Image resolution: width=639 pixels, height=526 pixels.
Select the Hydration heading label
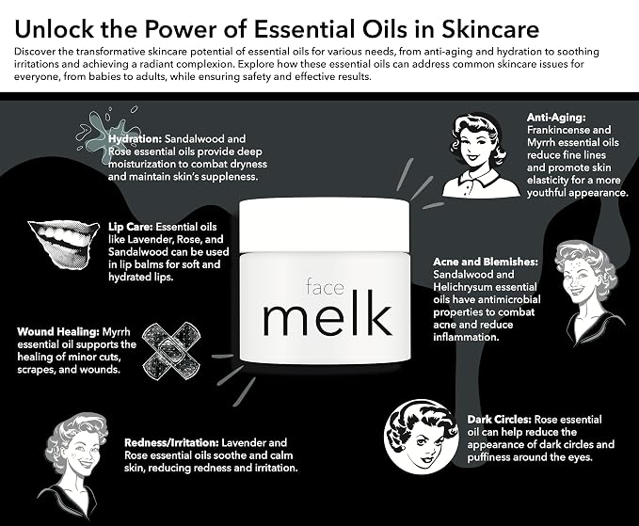(136, 139)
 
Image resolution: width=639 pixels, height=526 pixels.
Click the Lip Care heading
(131, 227)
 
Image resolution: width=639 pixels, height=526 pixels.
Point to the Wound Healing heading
(58, 331)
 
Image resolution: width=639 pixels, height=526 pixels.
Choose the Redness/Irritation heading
(172, 442)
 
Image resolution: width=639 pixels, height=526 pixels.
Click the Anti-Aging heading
(556, 118)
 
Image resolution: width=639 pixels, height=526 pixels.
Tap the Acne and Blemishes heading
(486, 262)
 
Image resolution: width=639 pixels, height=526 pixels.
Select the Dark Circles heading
(499, 420)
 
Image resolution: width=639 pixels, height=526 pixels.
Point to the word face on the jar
(325, 287)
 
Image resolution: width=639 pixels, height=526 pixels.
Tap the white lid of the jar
(324, 225)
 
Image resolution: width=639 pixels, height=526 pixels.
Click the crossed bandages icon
(171, 351)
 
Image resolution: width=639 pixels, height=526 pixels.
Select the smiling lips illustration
(63, 245)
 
